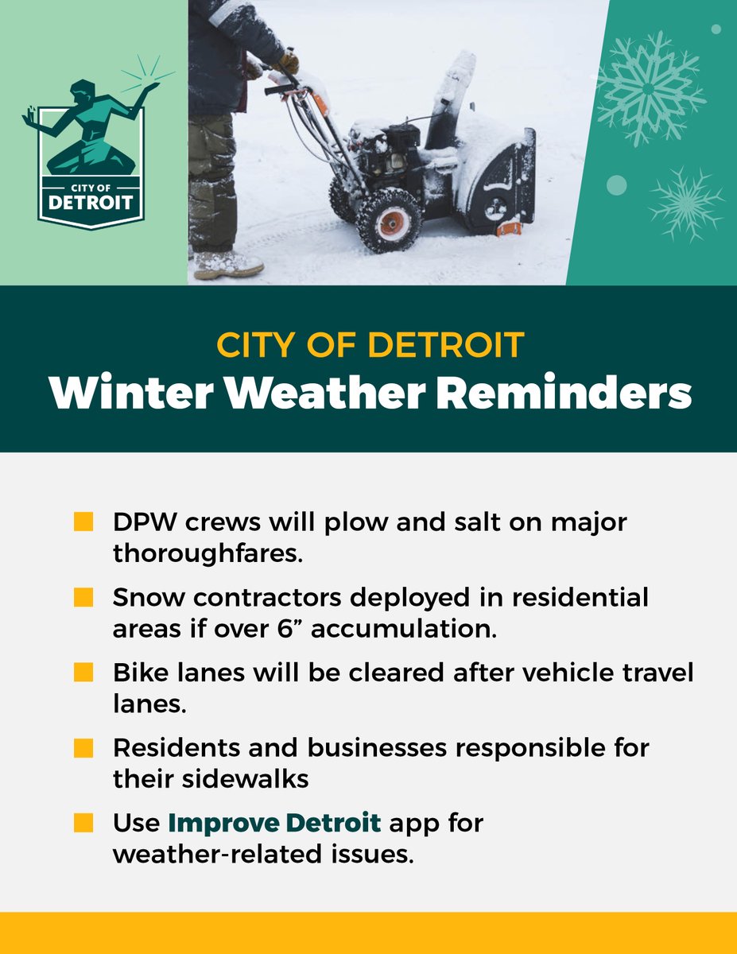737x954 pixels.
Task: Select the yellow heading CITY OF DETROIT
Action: point(369,346)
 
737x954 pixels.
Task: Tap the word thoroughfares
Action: point(208,553)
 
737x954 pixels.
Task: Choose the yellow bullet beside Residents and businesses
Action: point(83,748)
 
